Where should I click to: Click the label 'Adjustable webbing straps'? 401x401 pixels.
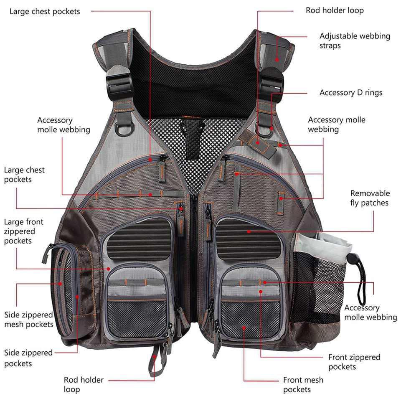click(355, 41)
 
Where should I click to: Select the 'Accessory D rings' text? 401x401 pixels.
click(350, 93)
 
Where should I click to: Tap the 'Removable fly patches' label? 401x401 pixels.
click(370, 198)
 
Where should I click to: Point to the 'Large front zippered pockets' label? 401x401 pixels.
click(24, 231)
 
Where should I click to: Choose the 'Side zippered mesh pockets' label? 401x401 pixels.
click(29, 319)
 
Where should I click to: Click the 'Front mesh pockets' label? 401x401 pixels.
click(303, 385)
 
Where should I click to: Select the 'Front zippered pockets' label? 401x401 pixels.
click(354, 362)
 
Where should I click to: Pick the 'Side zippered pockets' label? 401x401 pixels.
click(29, 358)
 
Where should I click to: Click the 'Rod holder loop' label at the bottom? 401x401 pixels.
click(84, 385)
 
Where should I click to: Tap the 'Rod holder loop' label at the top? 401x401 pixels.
click(335, 10)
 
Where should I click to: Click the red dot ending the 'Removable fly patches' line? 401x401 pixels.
click(249, 231)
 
